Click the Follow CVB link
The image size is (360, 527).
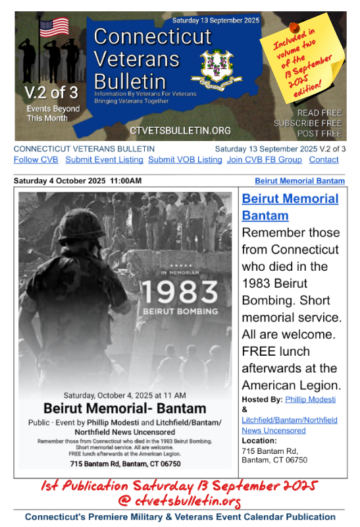(36, 160)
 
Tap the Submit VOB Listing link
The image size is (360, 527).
(185, 160)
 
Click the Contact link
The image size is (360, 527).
(324, 160)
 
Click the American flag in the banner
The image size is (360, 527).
(54, 28)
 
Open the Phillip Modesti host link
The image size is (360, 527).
(311, 399)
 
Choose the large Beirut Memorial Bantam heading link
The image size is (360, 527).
(290, 207)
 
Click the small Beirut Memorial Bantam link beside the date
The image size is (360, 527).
(299, 180)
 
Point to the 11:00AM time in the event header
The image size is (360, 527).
(126, 180)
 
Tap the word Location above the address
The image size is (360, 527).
(259, 440)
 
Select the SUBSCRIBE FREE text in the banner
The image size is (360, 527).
(307, 123)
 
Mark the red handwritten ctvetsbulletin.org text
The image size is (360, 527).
(180, 501)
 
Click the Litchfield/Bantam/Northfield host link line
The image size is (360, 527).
(290, 420)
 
